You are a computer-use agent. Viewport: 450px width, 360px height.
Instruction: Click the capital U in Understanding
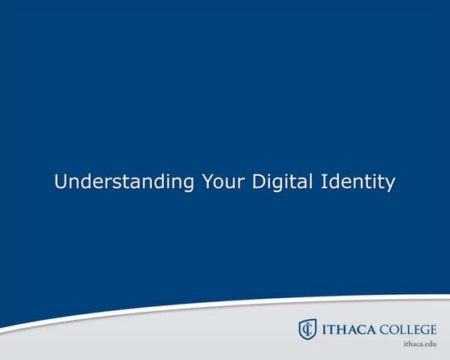(60, 182)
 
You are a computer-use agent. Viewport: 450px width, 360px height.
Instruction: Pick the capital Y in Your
(207, 182)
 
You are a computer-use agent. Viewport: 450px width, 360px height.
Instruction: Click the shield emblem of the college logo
(307, 329)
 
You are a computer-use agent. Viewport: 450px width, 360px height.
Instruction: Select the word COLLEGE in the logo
(407, 329)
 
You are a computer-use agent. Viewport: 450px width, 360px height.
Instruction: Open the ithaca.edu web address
(419, 344)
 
